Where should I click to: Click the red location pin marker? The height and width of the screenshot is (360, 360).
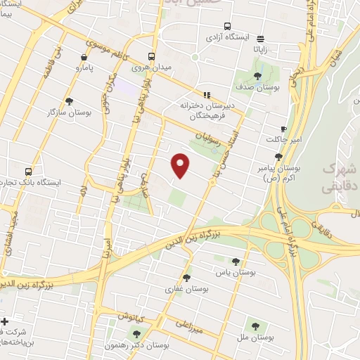pyautogui.click(x=181, y=165)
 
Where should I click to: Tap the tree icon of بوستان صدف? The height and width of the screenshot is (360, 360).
pyautogui.click(x=257, y=75)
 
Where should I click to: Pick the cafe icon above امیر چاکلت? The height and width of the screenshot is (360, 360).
pyautogui.click(x=283, y=129)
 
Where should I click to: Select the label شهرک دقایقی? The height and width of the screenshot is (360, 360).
pyautogui.click(x=339, y=179)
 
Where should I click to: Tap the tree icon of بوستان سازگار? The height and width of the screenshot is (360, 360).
pyautogui.click(x=68, y=101)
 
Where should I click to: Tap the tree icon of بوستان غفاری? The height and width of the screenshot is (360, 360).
pyautogui.click(x=186, y=278)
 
